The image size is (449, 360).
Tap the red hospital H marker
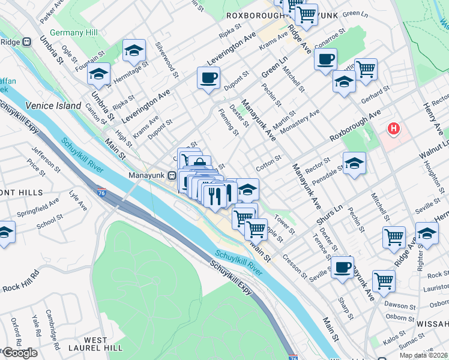[x=394, y=128]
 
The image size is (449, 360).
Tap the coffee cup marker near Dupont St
[x=208, y=78]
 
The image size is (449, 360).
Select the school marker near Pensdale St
[x=354, y=163]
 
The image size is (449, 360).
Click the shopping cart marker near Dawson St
[x=383, y=280]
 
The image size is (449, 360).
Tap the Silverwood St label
[x=167, y=59]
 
